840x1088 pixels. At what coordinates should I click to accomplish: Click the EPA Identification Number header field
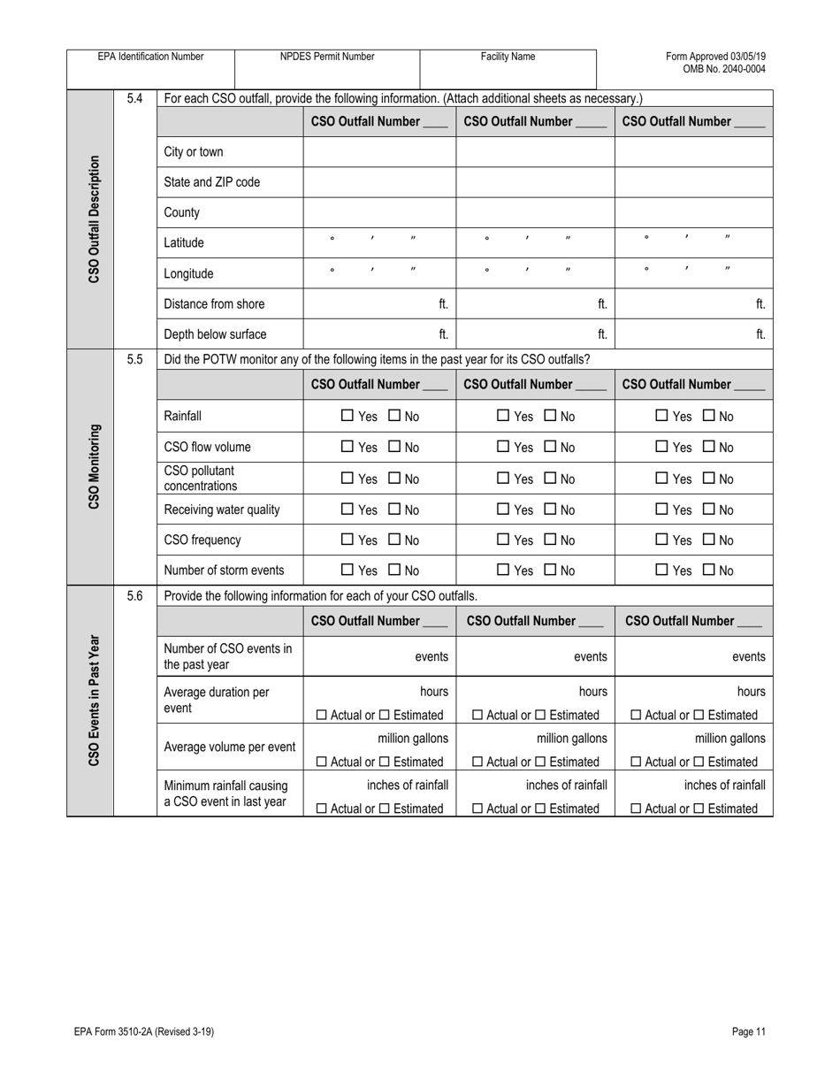tap(150, 57)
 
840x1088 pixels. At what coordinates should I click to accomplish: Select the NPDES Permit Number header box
tap(327, 57)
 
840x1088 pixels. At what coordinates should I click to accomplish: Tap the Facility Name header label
tap(508, 57)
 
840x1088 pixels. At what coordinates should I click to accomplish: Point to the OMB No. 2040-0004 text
tap(724, 69)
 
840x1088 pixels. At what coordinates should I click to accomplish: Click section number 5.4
tap(134, 98)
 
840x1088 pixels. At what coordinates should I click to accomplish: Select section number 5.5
tap(134, 359)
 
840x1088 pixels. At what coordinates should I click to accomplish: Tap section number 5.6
tap(134, 596)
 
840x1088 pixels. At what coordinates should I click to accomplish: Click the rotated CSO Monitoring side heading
tap(94, 466)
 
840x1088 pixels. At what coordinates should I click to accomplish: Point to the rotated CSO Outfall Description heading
tap(94, 219)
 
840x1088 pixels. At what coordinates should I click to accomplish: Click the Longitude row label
tap(189, 274)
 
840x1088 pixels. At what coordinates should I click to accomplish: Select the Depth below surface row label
tap(215, 334)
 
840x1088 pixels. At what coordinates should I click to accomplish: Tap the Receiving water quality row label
tap(222, 510)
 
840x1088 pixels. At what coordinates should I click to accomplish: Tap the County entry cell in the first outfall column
tap(379, 212)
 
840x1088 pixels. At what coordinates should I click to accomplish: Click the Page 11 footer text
tap(748, 1031)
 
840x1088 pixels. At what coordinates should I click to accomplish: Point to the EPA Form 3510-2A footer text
tap(144, 1031)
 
